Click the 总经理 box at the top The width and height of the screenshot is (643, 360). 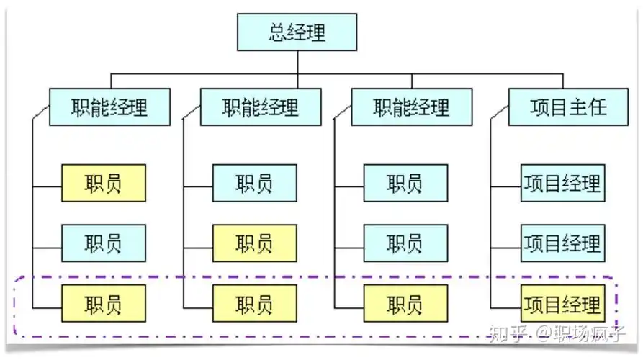click(297, 32)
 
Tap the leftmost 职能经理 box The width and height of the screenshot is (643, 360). click(109, 107)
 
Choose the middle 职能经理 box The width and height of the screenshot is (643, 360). click(261, 107)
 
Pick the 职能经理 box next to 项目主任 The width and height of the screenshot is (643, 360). click(412, 107)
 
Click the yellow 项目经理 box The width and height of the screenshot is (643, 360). click(562, 303)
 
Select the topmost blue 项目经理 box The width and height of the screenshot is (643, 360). click(562, 183)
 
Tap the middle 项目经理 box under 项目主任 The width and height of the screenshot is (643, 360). click(562, 243)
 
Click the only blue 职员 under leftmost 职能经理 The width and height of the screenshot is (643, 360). click(104, 243)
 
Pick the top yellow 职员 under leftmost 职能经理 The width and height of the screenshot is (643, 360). click(104, 183)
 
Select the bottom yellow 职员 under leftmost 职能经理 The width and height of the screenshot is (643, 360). click(104, 303)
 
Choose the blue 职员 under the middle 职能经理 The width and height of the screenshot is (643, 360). click(254, 183)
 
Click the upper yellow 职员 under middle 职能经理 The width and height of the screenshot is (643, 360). click(254, 243)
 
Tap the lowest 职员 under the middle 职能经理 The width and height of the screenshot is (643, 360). click(254, 303)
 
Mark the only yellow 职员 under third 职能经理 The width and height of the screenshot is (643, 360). click(405, 303)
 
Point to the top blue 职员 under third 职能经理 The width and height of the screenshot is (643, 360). click(405, 183)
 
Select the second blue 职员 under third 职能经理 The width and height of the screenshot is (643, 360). click(405, 243)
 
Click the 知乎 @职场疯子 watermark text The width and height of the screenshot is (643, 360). click(557, 333)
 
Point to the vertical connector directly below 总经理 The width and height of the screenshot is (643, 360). click(297, 62)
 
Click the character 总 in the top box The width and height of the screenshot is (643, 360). click(279, 32)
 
